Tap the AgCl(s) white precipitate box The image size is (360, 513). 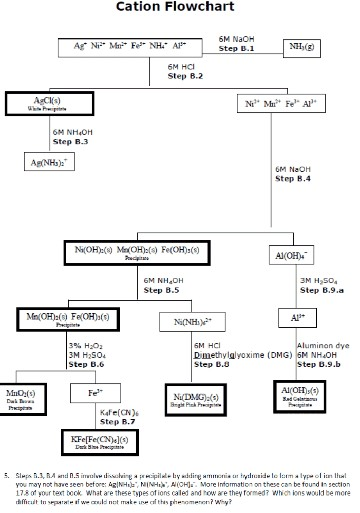[x=42, y=103]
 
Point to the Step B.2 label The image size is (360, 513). [x=185, y=76]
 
